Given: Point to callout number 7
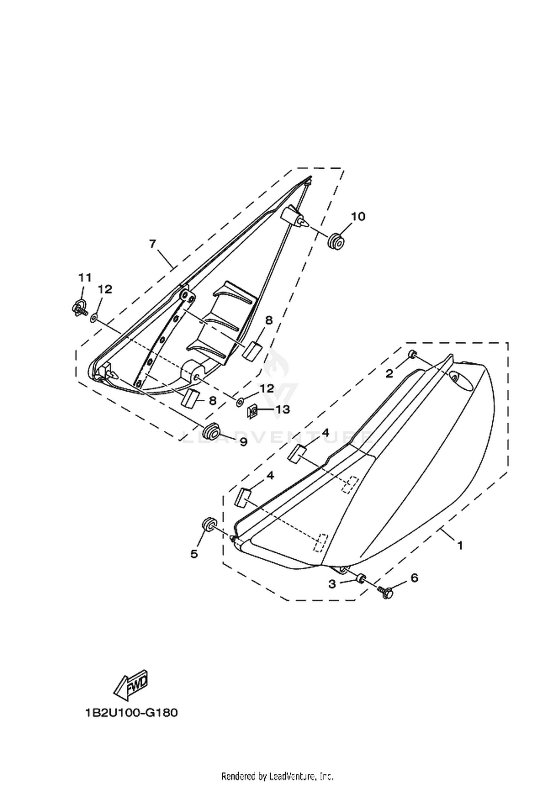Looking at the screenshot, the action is (153, 244).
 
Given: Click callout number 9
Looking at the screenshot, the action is (243, 442).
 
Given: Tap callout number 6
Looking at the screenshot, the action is (414, 577).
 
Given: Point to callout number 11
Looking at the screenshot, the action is (85, 277).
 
